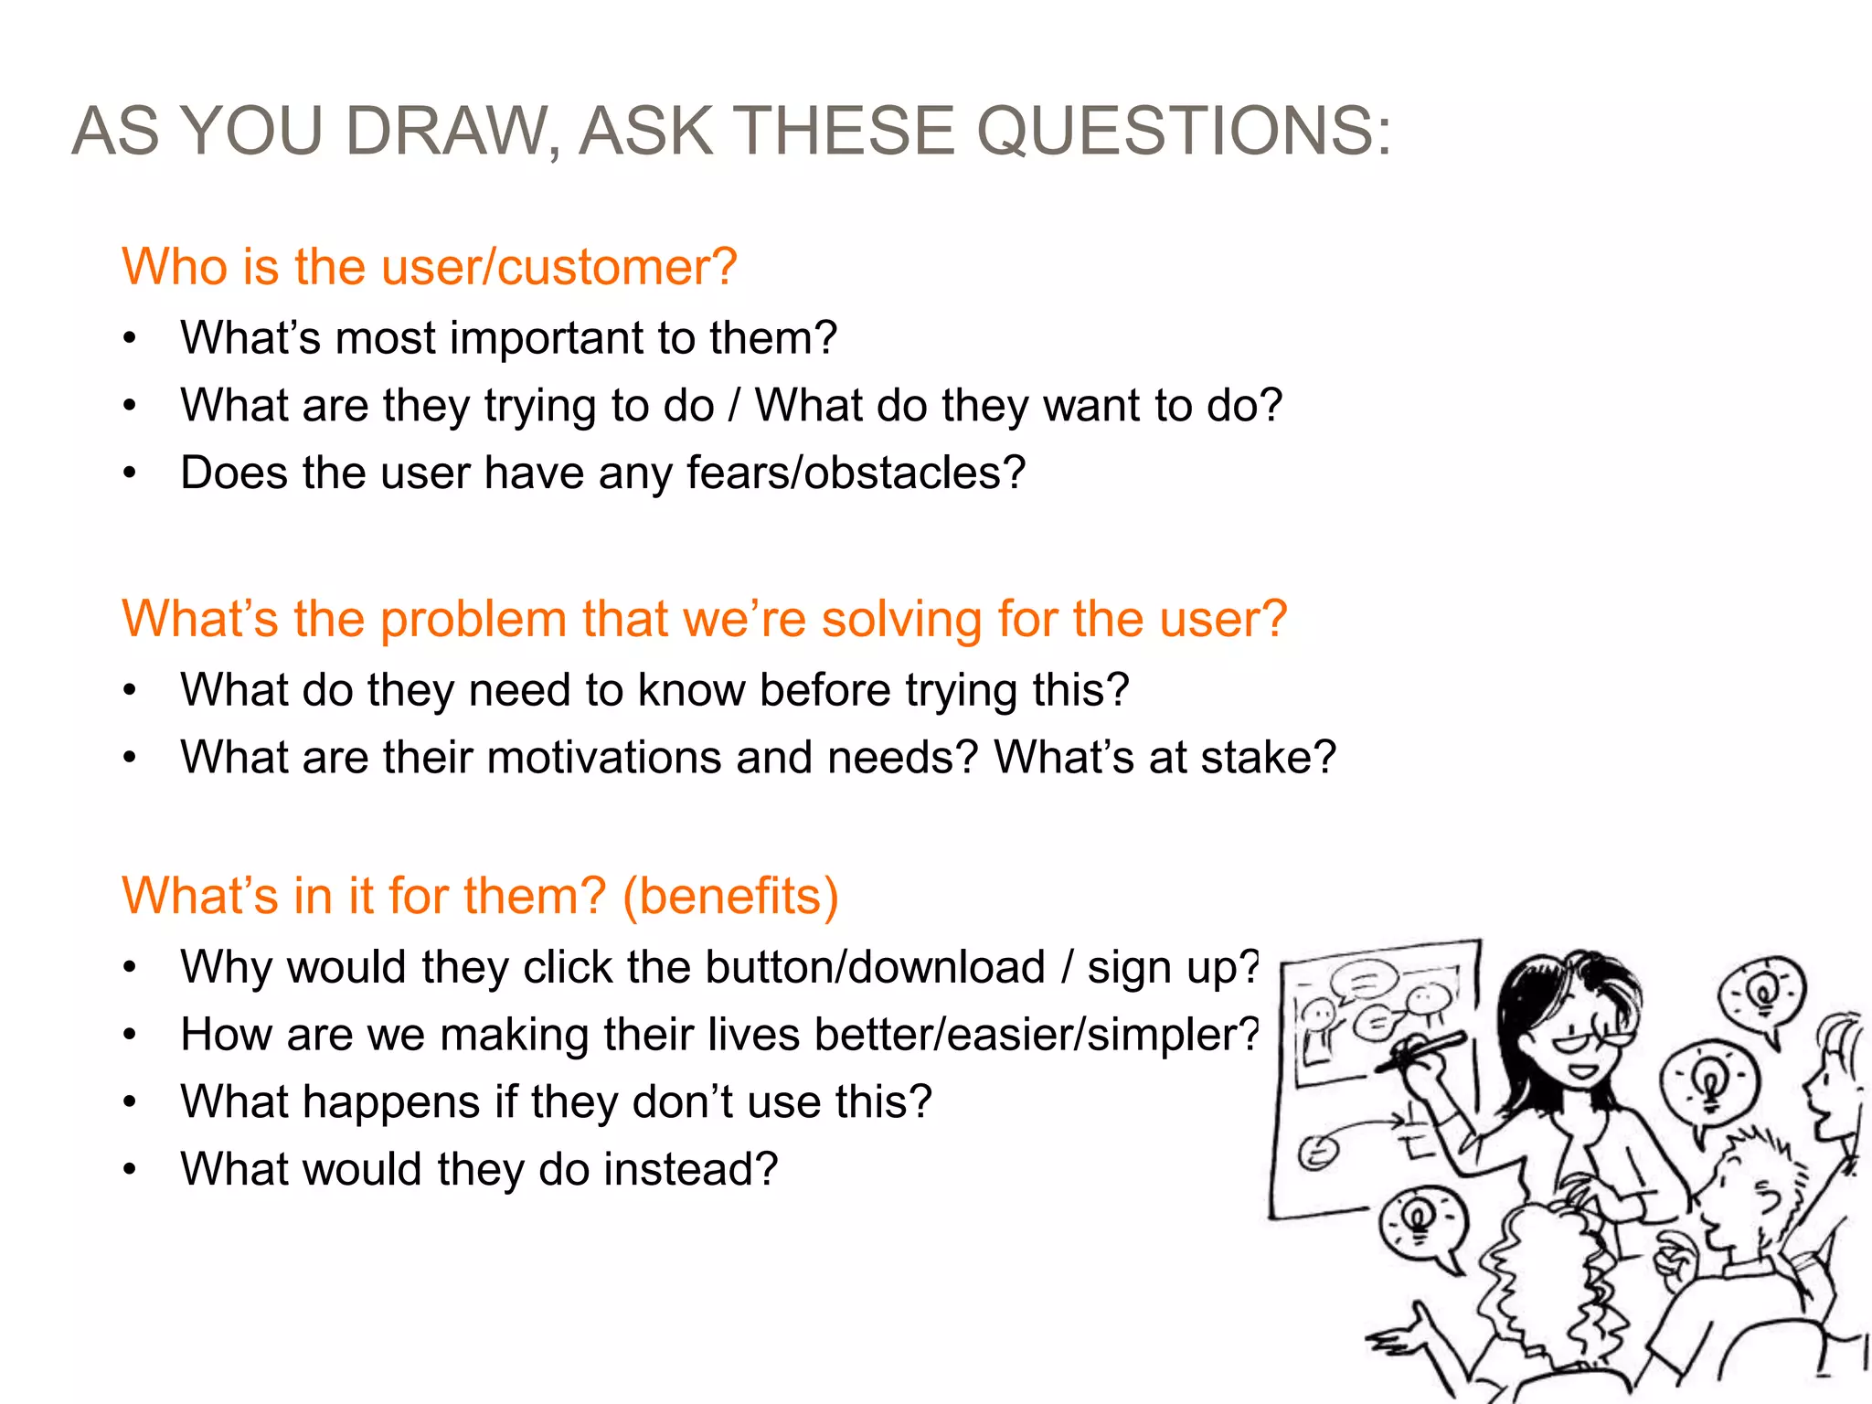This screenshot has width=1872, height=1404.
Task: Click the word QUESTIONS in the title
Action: click(1185, 131)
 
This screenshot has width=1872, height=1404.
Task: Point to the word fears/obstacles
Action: click(856, 473)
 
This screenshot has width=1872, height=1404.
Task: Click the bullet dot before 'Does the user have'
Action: click(130, 473)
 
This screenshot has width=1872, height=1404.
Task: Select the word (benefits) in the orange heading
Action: click(730, 896)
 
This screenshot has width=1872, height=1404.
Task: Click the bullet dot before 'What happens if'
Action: click(130, 1102)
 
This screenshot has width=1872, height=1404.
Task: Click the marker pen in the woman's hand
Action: click(1422, 1051)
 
